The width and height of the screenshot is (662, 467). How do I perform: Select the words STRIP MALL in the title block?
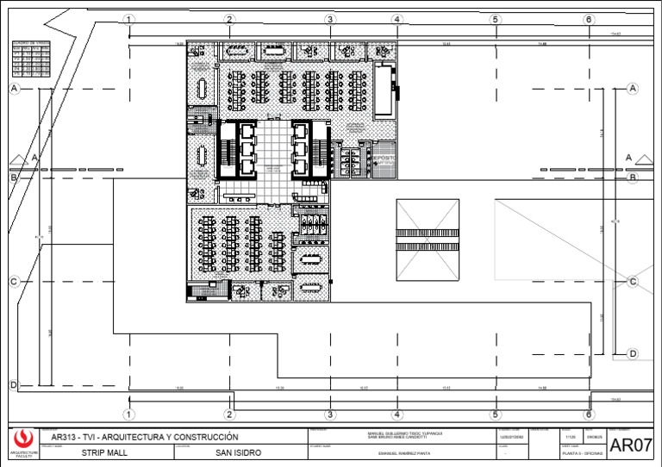point(103,451)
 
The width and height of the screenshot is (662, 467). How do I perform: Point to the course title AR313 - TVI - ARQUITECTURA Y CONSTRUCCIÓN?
point(145,436)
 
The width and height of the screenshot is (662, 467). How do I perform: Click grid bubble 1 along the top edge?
point(128,19)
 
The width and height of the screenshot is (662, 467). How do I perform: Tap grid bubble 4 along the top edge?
point(397,19)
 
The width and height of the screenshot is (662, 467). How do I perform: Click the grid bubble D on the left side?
point(14,385)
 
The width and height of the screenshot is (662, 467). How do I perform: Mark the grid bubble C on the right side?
point(633,282)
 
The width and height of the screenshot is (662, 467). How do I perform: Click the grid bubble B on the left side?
point(14,177)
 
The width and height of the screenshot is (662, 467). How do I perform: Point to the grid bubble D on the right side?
point(633,353)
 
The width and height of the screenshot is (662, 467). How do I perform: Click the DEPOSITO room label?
point(383,159)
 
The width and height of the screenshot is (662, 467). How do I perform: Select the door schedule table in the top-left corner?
point(31,59)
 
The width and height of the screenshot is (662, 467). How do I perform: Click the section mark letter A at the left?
point(34,158)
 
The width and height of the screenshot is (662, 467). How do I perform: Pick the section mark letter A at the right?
point(628,157)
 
